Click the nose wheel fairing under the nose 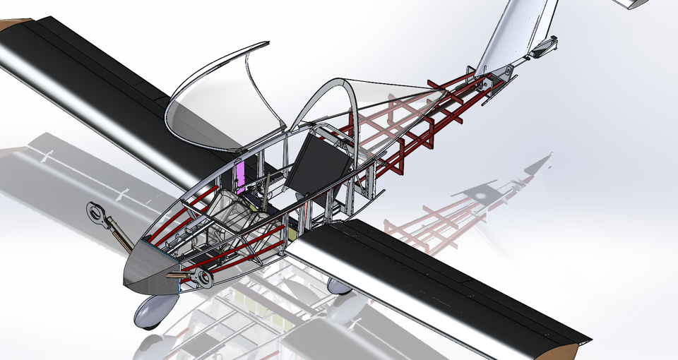(157, 310)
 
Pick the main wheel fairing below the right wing (339, 285)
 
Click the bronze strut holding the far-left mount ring (119, 233)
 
